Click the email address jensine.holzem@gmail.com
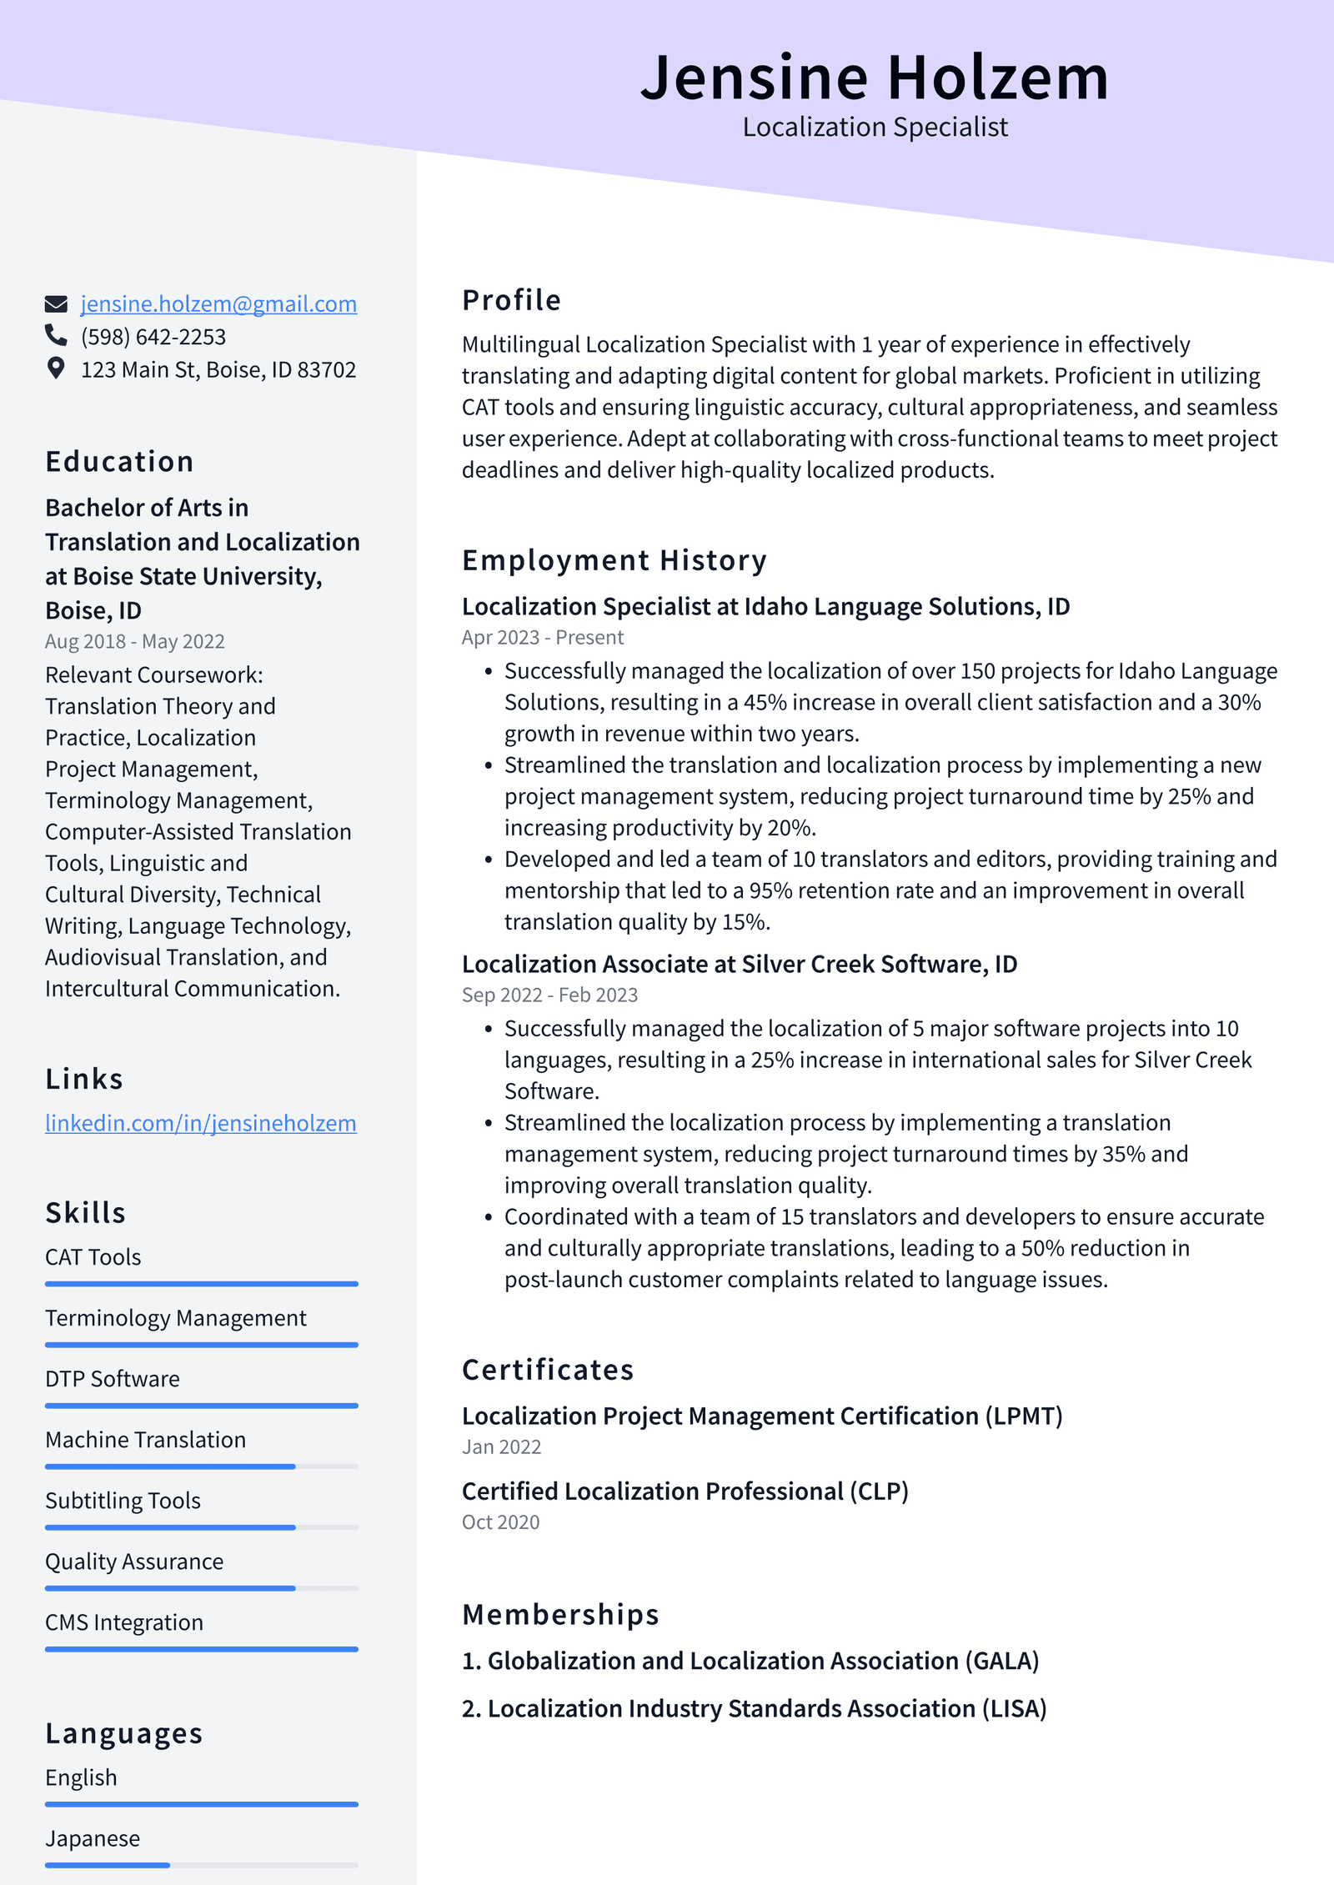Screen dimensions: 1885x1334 (218, 304)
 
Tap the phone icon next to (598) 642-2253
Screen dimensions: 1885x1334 (56, 335)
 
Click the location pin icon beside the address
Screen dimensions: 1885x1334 (56, 368)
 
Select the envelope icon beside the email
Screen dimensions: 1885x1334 (56, 304)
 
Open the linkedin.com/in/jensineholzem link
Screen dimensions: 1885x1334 (201, 1124)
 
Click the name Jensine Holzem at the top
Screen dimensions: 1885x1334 (875, 78)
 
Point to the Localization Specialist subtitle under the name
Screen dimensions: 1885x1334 (875, 128)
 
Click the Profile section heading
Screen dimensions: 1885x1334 (511, 300)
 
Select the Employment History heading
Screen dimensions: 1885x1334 (614, 560)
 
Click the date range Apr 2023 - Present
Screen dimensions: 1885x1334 (542, 638)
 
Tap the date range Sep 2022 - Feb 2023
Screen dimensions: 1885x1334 (549, 995)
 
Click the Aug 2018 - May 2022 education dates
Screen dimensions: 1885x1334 (135, 642)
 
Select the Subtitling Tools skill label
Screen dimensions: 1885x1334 (123, 1501)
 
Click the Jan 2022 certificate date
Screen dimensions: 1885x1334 (501, 1447)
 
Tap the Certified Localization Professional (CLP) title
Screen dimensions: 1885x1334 (685, 1491)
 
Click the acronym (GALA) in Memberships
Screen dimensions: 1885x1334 (1001, 1662)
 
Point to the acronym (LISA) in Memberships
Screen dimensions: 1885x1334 (1013, 1709)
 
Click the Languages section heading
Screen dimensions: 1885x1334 (124, 1733)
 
